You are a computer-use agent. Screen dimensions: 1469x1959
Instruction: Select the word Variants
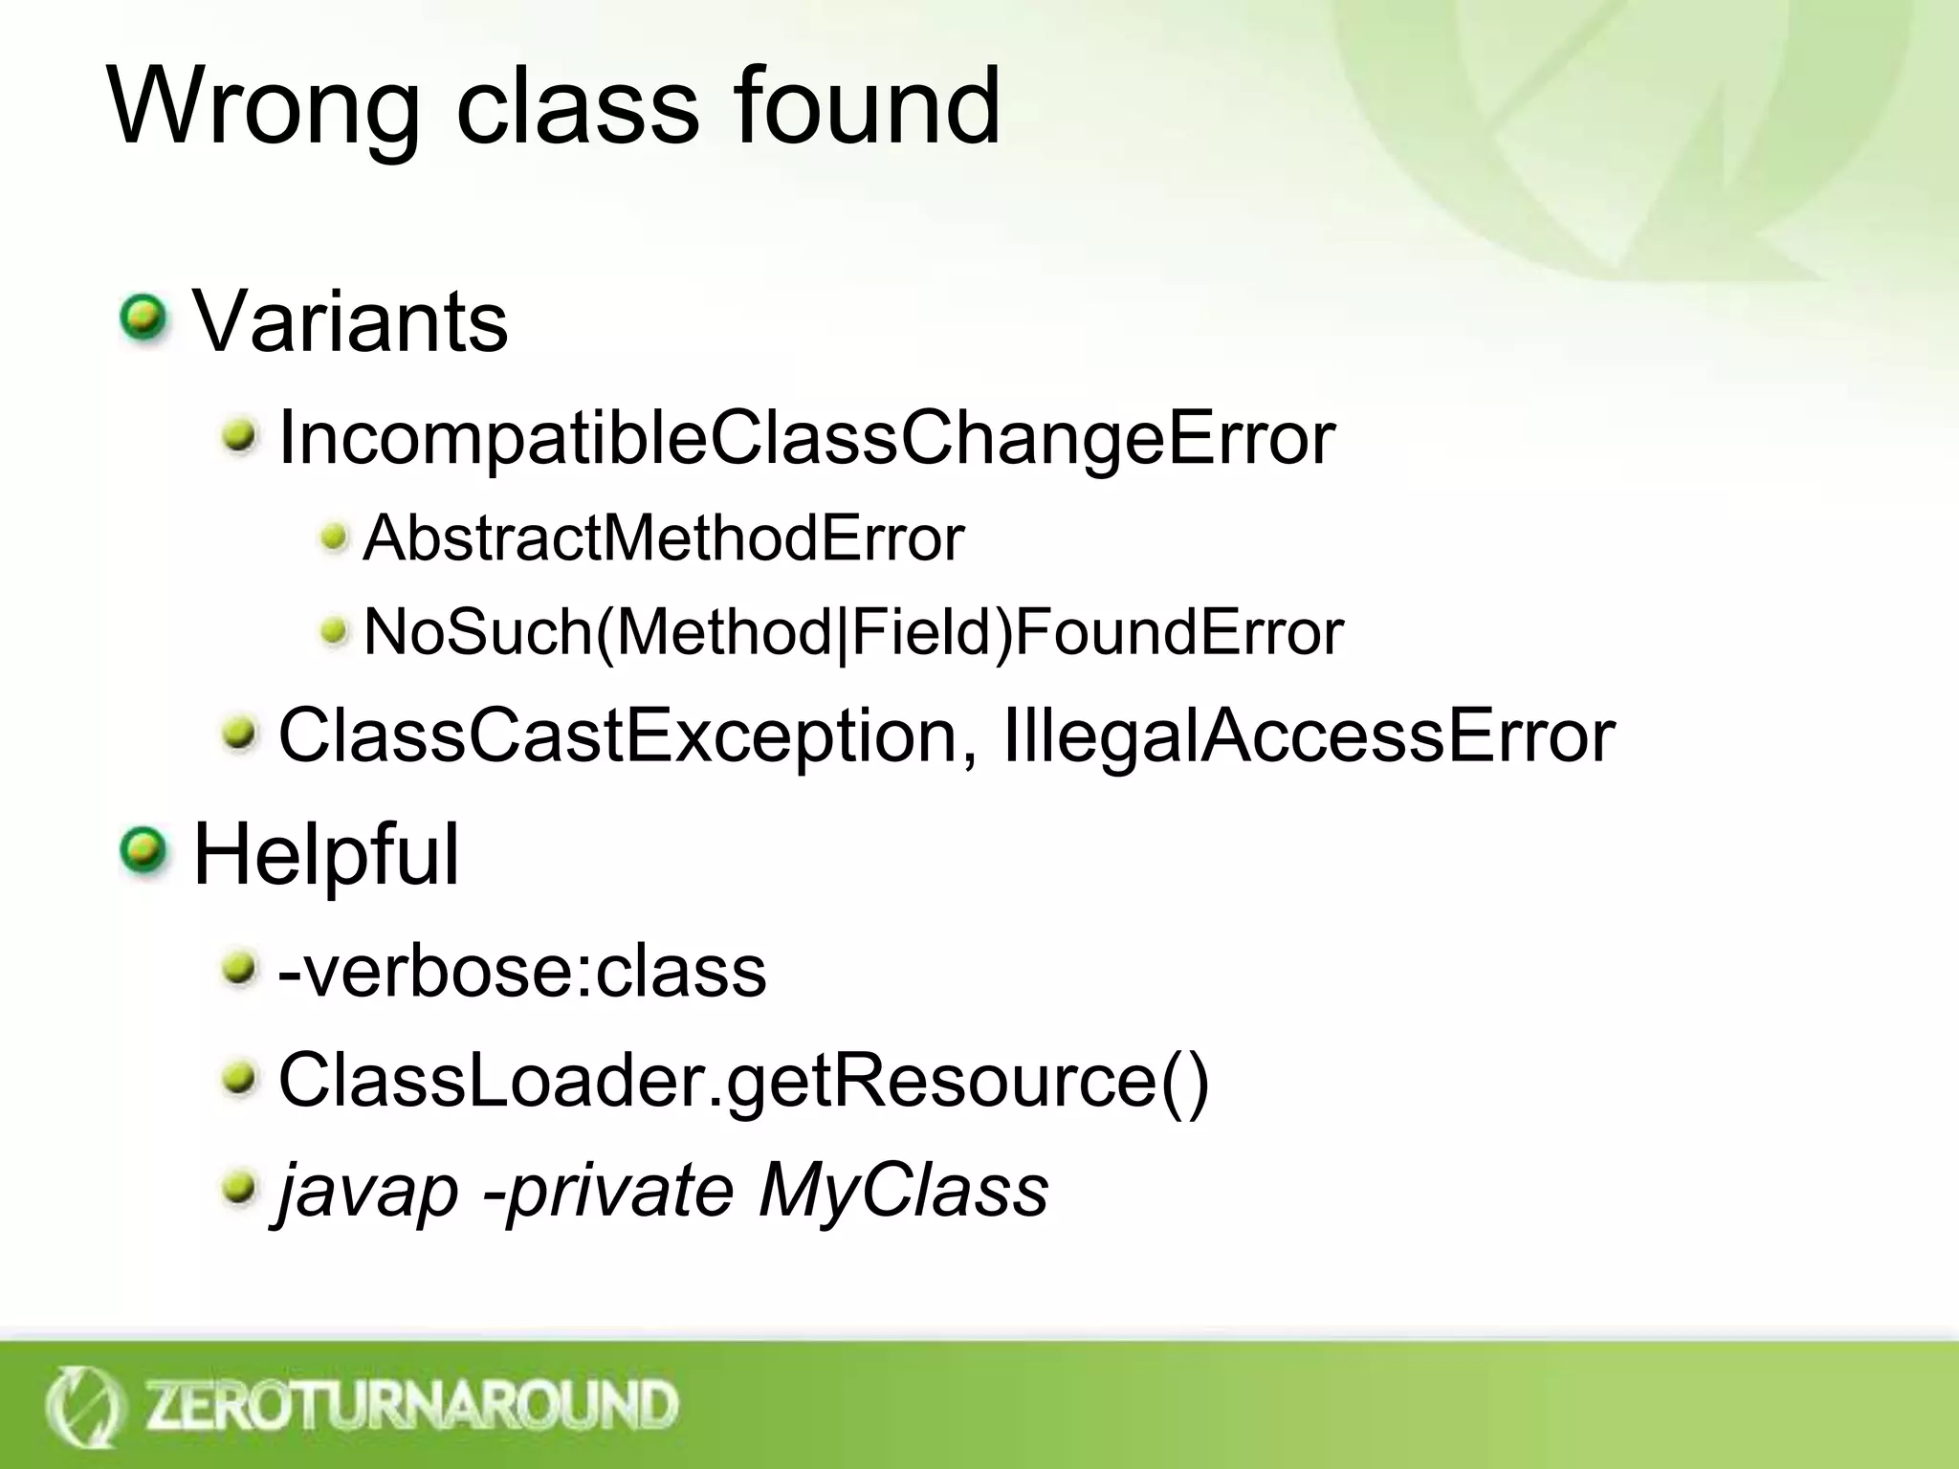[x=350, y=321]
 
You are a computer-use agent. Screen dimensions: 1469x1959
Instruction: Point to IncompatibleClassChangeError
[x=805, y=439]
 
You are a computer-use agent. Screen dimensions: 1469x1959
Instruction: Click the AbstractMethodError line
[x=663, y=538]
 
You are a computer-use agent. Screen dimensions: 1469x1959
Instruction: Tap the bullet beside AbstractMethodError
[x=334, y=537]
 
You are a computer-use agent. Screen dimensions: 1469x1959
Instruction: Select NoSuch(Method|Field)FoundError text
[x=853, y=632]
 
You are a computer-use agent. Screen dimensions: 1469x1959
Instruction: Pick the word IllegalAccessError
[x=1309, y=735]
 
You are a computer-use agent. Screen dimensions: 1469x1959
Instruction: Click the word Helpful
[x=326, y=854]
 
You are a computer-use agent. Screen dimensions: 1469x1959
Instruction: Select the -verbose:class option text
[x=521, y=972]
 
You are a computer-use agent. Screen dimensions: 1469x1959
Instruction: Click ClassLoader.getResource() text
[x=743, y=1081]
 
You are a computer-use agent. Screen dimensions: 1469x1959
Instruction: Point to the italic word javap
[x=368, y=1192]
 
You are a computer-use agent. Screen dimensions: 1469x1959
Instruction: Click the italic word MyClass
[x=903, y=1191]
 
